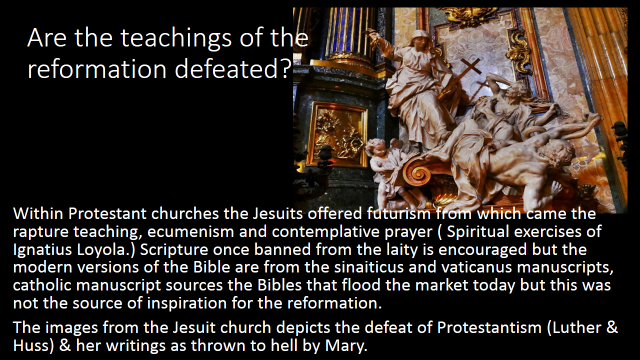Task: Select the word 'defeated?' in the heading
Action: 232,69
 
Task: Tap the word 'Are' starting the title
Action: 48,38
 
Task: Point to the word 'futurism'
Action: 398,213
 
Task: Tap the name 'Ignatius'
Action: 45,250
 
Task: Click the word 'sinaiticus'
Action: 369,267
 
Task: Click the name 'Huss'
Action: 31,345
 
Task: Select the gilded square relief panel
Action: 337,135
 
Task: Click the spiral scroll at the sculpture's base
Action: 418,172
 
